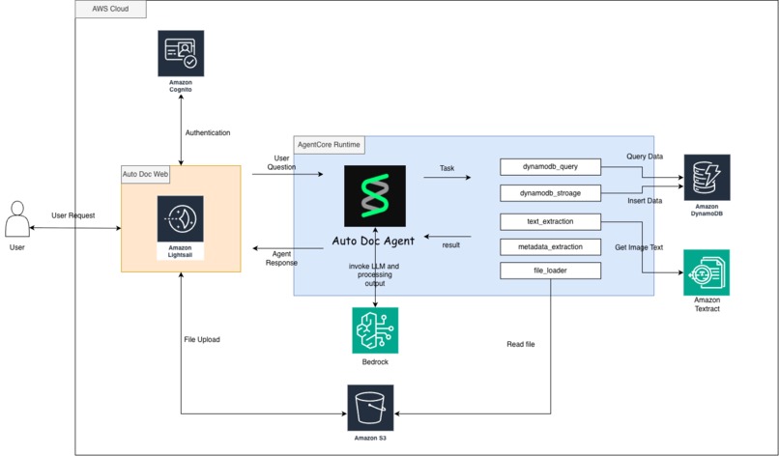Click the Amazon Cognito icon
pyautogui.click(x=181, y=53)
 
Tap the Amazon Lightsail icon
pyautogui.click(x=181, y=220)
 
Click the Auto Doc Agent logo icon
pyautogui.click(x=375, y=196)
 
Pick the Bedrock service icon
pyautogui.click(x=375, y=330)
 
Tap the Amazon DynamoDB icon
pyautogui.click(x=707, y=177)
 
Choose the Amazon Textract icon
pyautogui.click(x=707, y=272)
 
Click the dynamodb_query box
pyautogui.click(x=550, y=167)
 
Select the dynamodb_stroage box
pyautogui.click(x=550, y=193)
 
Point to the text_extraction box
pyautogui.click(x=550, y=221)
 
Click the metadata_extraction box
pyautogui.click(x=550, y=246)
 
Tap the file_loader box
pyautogui.click(x=550, y=271)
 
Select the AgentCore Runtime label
pyautogui.click(x=330, y=144)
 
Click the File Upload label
pyautogui.click(x=205, y=339)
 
